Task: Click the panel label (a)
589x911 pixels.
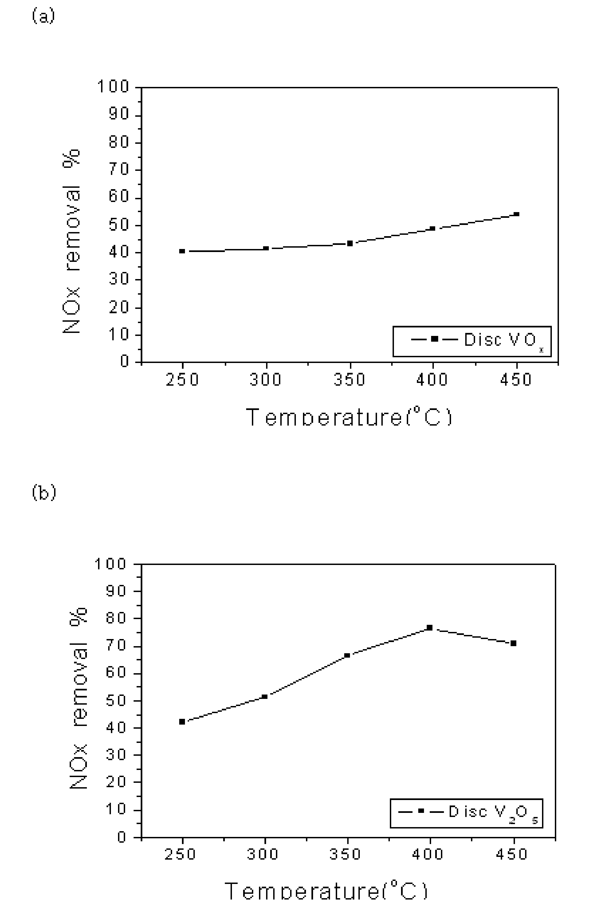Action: click(x=43, y=16)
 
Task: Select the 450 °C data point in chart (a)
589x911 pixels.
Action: click(x=517, y=214)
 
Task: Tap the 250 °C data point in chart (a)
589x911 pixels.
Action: click(x=182, y=251)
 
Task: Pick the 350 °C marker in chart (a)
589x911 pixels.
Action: click(x=350, y=243)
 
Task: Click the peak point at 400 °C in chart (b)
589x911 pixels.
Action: click(x=429, y=628)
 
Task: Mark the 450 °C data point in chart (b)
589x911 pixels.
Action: click(x=514, y=644)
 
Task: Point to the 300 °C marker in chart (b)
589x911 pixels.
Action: click(x=264, y=697)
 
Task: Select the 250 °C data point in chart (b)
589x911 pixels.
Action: click(x=182, y=722)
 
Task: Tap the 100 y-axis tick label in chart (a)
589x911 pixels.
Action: click(x=113, y=87)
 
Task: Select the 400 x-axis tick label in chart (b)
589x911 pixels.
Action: click(x=428, y=854)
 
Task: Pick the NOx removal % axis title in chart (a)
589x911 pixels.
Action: click(x=72, y=241)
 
